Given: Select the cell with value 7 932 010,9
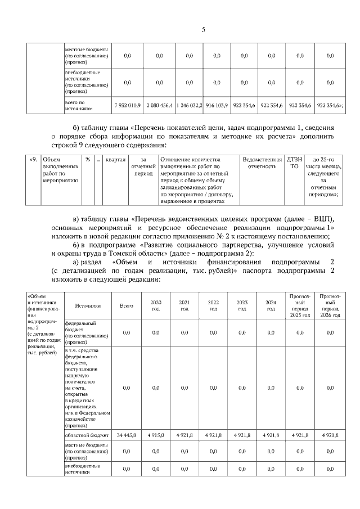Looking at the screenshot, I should (x=127, y=106).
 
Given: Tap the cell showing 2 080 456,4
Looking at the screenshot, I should (x=159, y=106).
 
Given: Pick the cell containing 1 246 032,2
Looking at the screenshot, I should (x=188, y=106).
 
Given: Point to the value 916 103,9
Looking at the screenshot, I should (x=216, y=106).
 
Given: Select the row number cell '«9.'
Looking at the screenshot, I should (x=33, y=159).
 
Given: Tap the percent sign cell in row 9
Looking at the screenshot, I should (x=88, y=159).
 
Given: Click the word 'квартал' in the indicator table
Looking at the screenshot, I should (x=115, y=159).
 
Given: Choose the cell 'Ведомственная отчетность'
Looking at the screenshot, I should (x=262, y=163).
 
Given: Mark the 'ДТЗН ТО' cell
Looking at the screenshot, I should (x=294, y=163).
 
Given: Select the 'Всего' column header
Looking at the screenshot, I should (x=127, y=305).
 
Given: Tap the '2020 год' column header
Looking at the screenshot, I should (x=156, y=305).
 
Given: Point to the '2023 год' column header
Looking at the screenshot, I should (x=242, y=305).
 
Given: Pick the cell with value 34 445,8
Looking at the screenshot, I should (x=127, y=435).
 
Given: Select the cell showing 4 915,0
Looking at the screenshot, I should (x=156, y=435).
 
